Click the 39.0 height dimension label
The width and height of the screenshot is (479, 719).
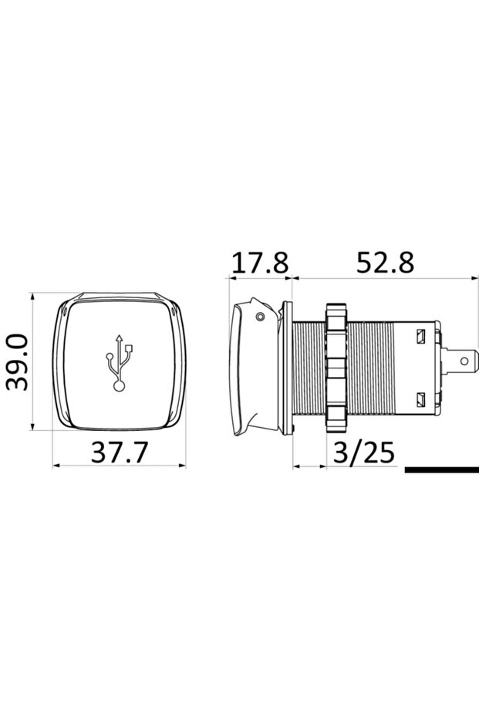17,362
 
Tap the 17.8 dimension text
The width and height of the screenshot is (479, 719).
260,263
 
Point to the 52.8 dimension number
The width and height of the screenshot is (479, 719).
385,263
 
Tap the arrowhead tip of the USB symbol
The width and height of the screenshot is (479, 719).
119,337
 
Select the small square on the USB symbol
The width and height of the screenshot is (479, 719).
132,350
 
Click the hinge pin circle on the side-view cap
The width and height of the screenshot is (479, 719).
261,316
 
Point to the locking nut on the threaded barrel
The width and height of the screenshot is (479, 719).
336,365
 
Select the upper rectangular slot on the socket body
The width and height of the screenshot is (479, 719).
421,337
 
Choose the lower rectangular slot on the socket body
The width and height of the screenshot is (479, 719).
421,399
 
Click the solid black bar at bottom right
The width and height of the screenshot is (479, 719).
440,469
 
